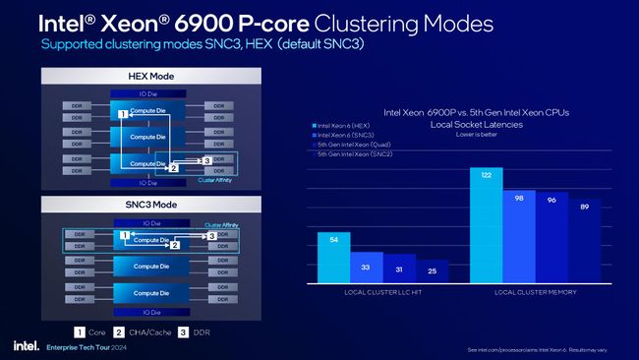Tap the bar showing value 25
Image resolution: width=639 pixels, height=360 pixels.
click(433, 270)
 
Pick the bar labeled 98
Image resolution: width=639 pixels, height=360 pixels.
click(519, 236)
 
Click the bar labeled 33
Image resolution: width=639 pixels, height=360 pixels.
click(367, 268)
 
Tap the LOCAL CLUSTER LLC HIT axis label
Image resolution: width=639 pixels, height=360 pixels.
click(382, 292)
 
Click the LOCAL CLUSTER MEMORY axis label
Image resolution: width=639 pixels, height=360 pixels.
click(535, 292)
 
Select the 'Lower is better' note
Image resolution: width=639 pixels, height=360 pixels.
click(477, 135)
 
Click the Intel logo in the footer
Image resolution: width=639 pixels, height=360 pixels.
click(26, 346)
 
